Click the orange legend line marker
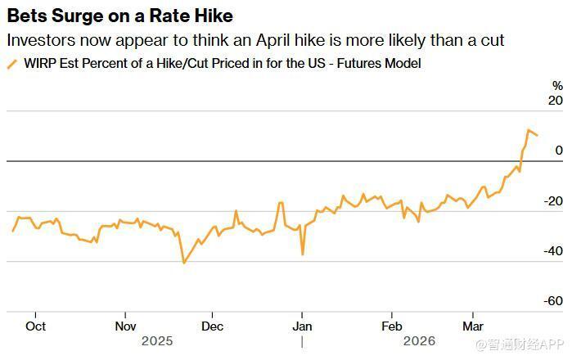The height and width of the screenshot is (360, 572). coord(11,64)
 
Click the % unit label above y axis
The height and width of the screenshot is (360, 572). coord(557,85)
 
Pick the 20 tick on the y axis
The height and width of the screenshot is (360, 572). coord(556,101)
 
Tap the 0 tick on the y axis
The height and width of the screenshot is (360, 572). coord(559,151)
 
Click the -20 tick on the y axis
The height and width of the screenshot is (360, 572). coord(554,201)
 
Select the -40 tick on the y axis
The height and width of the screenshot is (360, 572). coord(554,251)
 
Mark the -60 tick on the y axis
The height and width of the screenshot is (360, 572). coord(554,301)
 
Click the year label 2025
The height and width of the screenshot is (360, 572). coord(158,340)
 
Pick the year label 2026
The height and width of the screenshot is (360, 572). coord(418,340)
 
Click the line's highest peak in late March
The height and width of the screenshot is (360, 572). coord(529,129)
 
